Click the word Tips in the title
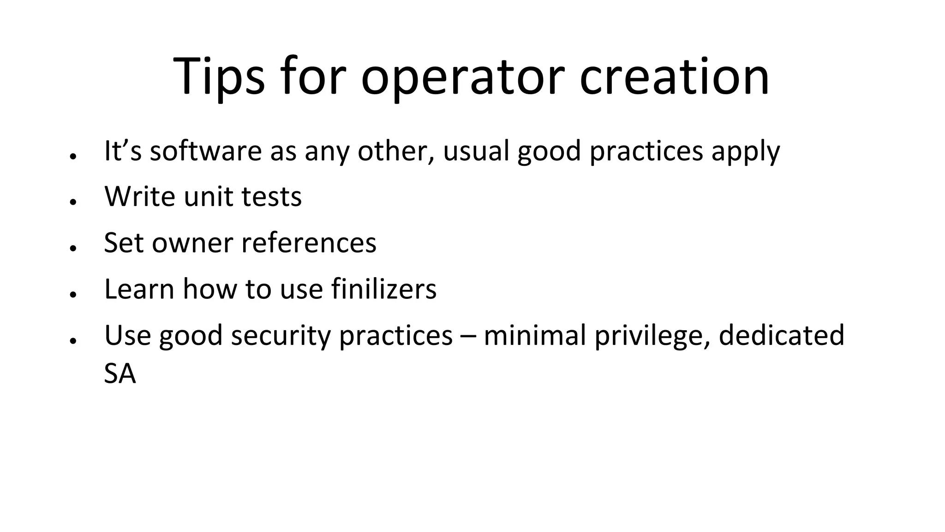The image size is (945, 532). pyautogui.click(x=219, y=76)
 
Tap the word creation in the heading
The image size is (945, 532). pyautogui.click(x=674, y=76)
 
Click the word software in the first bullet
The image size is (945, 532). pyautogui.click(x=206, y=151)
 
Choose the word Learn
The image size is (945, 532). pyautogui.click(x=139, y=289)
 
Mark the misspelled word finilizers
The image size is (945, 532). pyautogui.click(x=383, y=289)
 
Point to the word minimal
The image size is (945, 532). pyautogui.click(x=535, y=336)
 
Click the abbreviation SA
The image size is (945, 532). pyautogui.click(x=120, y=374)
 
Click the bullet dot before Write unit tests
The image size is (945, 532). pyautogui.click(x=72, y=202)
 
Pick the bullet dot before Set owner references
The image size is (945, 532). pyautogui.click(x=72, y=248)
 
